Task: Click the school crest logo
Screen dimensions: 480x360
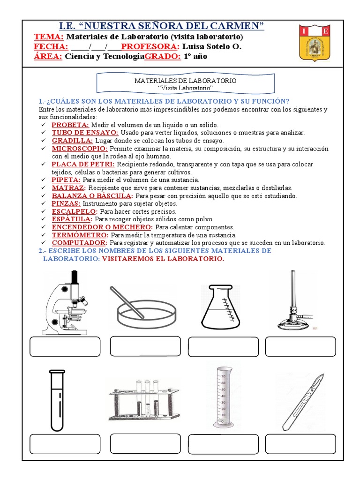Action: pos(315,43)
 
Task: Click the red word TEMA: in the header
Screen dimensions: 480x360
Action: pos(49,37)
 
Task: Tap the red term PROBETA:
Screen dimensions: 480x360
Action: pos(70,125)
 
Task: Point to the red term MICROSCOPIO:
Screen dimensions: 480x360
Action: pos(80,148)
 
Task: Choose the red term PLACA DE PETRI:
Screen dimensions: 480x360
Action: pos(83,164)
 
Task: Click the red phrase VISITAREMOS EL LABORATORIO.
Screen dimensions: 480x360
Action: pos(163,259)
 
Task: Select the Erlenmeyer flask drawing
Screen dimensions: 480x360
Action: pos(220,307)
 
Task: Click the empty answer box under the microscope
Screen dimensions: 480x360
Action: pos(65,346)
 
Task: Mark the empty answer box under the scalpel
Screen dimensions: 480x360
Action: pos(300,444)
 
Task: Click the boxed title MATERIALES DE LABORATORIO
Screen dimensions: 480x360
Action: pos(185,83)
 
